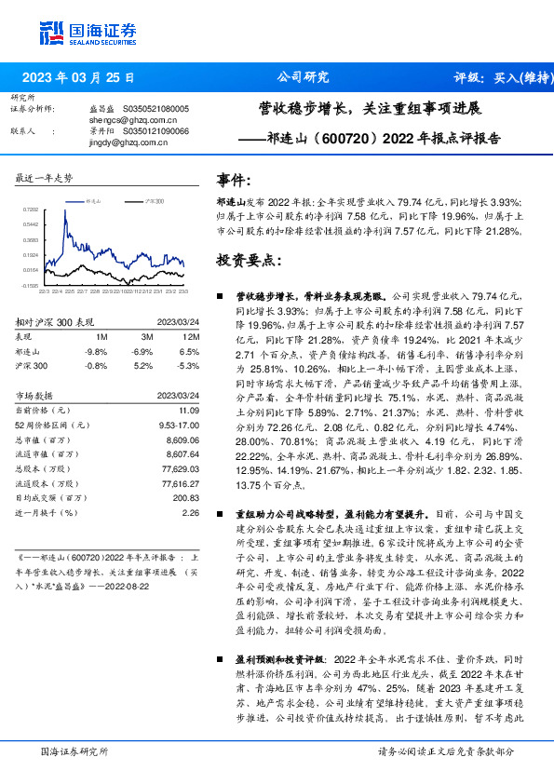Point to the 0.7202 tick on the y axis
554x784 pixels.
tap(31, 210)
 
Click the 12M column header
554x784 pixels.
tap(192, 335)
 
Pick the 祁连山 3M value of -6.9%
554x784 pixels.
tap(142, 351)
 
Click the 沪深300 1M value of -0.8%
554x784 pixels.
tap(95, 366)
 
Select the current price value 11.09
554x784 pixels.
tap(189, 410)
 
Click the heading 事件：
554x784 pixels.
tap(235, 181)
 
